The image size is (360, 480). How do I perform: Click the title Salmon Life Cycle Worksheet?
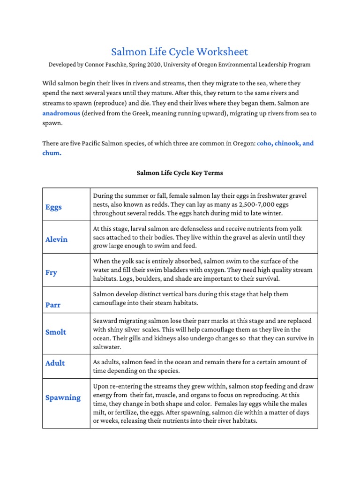coord(180,52)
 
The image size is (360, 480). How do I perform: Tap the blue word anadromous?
coord(61,113)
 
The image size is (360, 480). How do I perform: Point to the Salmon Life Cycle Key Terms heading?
coord(180,173)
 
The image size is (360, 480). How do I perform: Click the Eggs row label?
coord(53,207)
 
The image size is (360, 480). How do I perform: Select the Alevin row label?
coord(56,240)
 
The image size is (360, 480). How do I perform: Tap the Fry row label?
coord(51,272)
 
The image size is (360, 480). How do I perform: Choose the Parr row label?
coord(53,305)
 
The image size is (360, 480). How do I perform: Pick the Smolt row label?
coord(56,332)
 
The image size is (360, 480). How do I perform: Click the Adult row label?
coord(55,363)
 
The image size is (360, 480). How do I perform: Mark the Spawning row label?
coord(63,397)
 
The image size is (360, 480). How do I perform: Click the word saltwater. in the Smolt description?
coord(107,347)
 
